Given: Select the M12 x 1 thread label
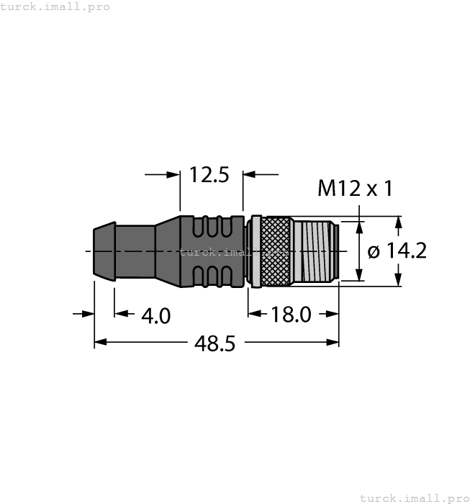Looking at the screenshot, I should pos(355,189).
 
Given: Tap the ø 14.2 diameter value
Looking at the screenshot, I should pos(397,251).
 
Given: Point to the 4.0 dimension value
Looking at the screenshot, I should pos(155,315).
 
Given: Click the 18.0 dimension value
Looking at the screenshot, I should pos(291,314).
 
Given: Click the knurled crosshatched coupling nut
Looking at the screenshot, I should pos(273,251).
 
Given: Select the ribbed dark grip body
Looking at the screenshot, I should pos(213,251).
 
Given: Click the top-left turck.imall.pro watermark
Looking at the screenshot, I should pos(55,6).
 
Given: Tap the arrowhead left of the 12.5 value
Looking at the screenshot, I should pos(173,174).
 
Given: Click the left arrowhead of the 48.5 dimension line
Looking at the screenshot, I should pos(100,342).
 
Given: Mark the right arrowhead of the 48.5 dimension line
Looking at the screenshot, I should pos(333,342).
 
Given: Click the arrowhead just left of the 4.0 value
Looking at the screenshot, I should pos(121,313).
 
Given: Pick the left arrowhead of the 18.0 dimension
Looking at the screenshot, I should pos(254,313).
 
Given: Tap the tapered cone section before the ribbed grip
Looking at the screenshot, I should pos(167,250).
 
